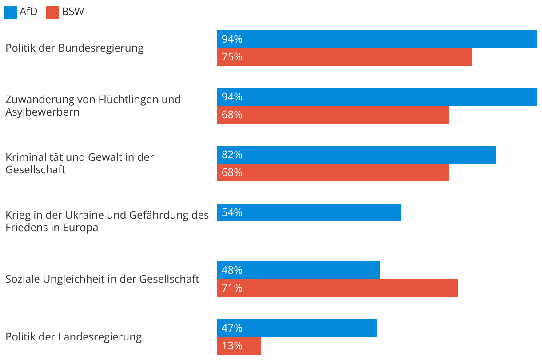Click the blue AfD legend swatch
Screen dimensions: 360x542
11,12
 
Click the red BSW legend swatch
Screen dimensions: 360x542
52,12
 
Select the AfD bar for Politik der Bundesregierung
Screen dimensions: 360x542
376,39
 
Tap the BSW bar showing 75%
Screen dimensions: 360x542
344,57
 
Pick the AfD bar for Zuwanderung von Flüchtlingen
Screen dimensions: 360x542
376,97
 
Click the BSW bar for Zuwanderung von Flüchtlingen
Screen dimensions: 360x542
332,115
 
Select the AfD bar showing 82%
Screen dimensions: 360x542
356,155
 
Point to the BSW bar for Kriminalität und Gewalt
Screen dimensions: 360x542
332,172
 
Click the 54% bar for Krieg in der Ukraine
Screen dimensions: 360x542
308,212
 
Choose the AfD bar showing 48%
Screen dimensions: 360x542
298,270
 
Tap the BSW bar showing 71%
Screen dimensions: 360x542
337,288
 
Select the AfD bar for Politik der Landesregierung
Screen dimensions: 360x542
296,328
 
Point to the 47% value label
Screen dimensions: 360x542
232,328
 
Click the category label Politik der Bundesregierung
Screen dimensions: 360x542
75,48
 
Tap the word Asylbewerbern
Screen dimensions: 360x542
43,112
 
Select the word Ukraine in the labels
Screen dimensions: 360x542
84,215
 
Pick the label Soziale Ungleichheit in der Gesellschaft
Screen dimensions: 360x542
102,279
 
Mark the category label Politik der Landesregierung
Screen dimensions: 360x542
74,337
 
